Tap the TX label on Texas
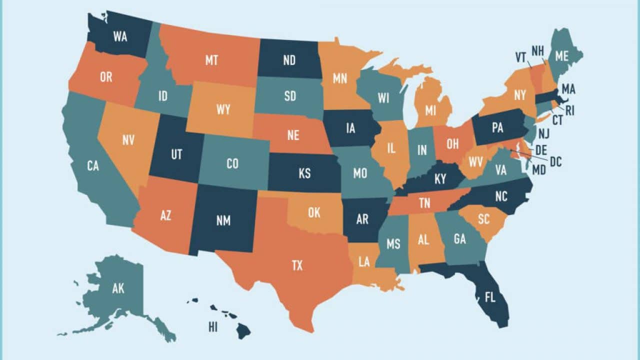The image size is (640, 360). pos(297,265)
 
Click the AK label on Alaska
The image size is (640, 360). pos(118,288)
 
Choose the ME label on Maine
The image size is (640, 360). pos(561,56)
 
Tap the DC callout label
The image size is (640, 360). pos(555,161)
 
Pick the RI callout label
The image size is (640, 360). pos(569,110)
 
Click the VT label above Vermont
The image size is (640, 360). pos(520,58)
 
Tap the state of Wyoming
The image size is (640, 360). pos(223,109)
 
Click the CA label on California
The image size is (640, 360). pos(92,166)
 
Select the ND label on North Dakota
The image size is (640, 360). pos(289,60)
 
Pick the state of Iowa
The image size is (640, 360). pos(350,128)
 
